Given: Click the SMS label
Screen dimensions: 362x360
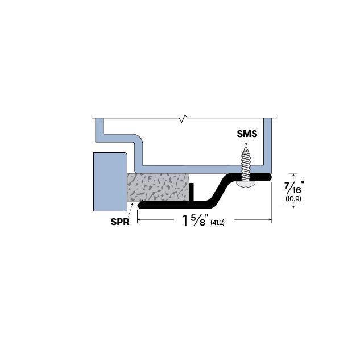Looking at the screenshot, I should click(x=247, y=134).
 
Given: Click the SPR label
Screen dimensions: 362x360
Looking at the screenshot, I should click(x=120, y=222).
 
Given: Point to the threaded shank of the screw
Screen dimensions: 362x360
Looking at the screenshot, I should click(x=247, y=161).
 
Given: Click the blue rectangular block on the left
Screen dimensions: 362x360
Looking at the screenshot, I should click(x=109, y=181).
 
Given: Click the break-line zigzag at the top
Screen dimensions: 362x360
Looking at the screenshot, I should click(x=182, y=118).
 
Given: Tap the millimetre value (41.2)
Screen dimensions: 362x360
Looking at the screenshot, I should click(x=217, y=222).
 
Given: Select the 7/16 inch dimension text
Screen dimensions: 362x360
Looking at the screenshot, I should click(x=295, y=186).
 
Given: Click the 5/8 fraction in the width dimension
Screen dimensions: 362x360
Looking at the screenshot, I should click(x=199, y=220).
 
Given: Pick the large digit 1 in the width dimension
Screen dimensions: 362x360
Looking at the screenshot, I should click(x=185, y=220).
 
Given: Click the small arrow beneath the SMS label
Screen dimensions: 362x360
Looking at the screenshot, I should click(x=247, y=143).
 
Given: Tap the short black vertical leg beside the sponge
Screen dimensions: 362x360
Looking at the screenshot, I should click(x=192, y=192).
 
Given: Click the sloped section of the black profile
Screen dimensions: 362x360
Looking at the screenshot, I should click(x=219, y=190).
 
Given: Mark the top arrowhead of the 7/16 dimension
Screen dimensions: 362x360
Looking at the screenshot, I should click(x=294, y=175).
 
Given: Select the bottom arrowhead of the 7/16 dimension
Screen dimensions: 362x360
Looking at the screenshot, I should click(x=294, y=207).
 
